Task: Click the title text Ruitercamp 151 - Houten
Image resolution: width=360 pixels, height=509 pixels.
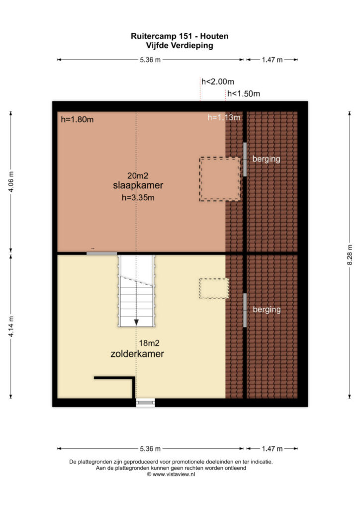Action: (180, 36)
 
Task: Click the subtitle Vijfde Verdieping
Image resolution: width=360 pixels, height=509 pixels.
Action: (180, 45)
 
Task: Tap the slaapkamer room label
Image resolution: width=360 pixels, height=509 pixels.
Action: (138, 185)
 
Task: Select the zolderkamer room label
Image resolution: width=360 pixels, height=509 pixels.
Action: (137, 353)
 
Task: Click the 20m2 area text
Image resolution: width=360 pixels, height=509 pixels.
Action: (138, 175)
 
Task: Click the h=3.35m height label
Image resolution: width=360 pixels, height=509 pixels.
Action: (138, 197)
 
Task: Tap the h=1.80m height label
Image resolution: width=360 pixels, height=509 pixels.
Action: (77, 119)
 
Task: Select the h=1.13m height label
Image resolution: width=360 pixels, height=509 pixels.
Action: (224, 117)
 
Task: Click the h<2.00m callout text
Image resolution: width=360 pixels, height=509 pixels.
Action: (218, 82)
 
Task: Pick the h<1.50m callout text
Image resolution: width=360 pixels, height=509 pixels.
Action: (244, 94)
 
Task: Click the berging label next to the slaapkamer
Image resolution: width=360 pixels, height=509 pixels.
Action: (267, 159)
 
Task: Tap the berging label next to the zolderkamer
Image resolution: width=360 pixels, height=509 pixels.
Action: (267, 309)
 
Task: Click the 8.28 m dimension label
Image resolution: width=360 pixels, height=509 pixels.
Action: (350, 255)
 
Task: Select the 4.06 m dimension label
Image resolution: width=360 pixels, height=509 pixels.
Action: (11, 181)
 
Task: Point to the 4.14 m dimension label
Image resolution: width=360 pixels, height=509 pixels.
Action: (11, 326)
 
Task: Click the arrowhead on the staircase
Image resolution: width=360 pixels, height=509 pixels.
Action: (136, 322)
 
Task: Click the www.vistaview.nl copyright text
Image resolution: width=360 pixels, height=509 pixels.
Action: (171, 474)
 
